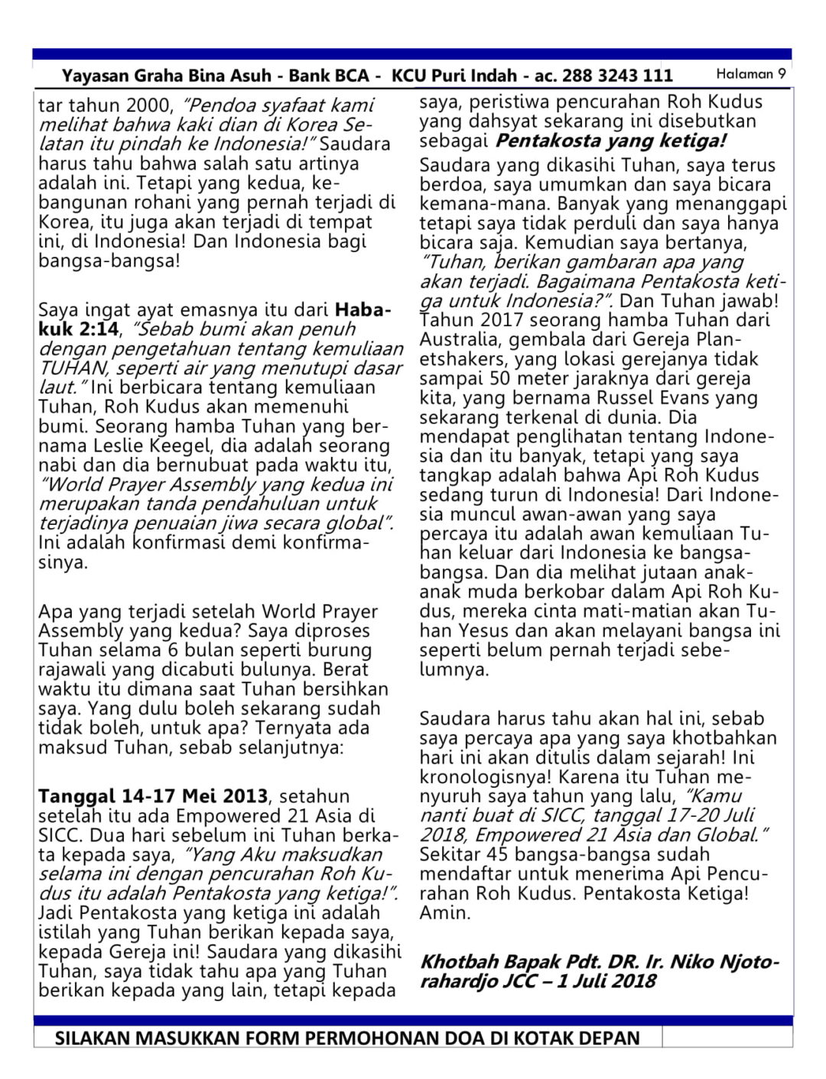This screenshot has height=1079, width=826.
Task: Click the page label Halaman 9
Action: tap(750, 74)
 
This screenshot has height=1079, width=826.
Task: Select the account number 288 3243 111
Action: tap(617, 76)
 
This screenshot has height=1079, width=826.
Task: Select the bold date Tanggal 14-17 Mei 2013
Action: tap(153, 796)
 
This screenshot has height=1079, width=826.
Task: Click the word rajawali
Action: tap(73, 669)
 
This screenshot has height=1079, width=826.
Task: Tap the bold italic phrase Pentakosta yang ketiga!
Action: tap(610, 141)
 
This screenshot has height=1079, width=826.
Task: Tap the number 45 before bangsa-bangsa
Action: tap(498, 854)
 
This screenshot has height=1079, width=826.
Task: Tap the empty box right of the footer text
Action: tap(727, 1037)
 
